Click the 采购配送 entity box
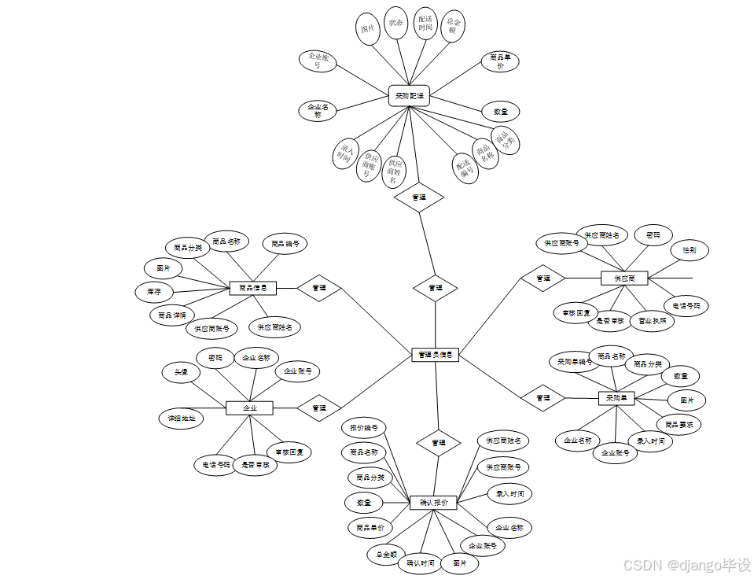pyautogui.click(x=409, y=96)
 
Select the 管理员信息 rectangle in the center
pyautogui.click(x=435, y=355)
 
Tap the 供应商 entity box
pyautogui.click(x=623, y=278)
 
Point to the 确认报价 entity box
pyautogui.click(x=433, y=502)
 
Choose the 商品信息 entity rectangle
pyautogui.click(x=252, y=288)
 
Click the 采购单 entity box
pyautogui.click(x=616, y=398)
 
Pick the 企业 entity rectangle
pyautogui.click(x=249, y=408)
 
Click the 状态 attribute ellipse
pyautogui.click(x=395, y=23)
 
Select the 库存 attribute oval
pyautogui.click(x=154, y=291)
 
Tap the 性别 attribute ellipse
pyautogui.click(x=689, y=250)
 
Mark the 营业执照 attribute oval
pyautogui.click(x=652, y=321)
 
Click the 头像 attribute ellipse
pyautogui.click(x=181, y=372)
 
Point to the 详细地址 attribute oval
pyautogui.click(x=181, y=418)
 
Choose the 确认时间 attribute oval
pyautogui.click(x=421, y=563)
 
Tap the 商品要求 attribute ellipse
pyautogui.click(x=679, y=425)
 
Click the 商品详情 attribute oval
pyautogui.click(x=171, y=315)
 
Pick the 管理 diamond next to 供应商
pyautogui.click(x=543, y=278)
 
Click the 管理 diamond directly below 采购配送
pyautogui.click(x=419, y=197)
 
